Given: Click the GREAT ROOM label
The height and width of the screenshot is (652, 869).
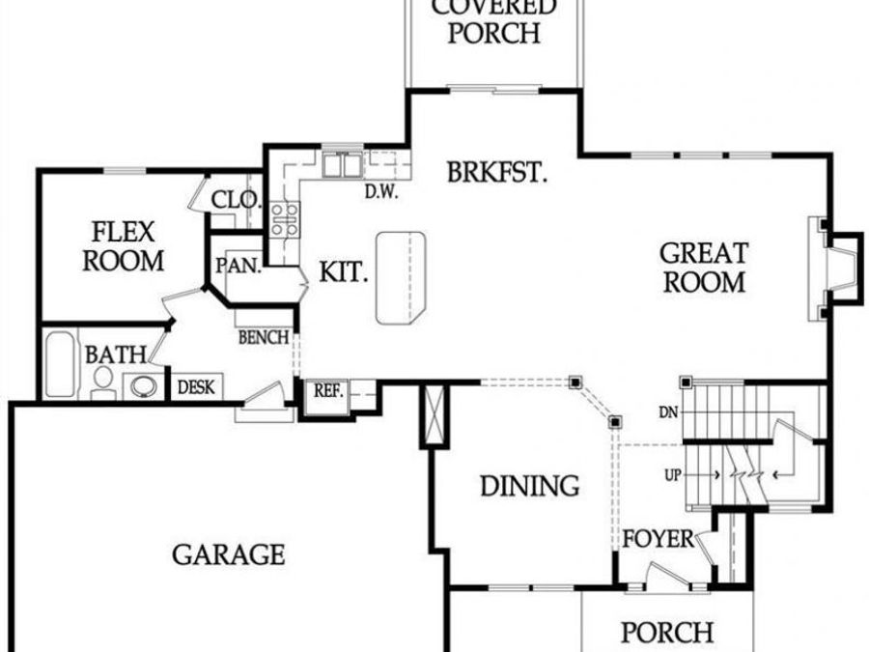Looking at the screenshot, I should [x=703, y=268].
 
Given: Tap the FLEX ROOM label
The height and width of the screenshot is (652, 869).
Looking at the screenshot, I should [x=124, y=246].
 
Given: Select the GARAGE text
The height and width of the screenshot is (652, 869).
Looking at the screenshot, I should [x=229, y=554].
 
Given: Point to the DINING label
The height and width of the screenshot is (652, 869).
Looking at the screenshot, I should [x=530, y=485].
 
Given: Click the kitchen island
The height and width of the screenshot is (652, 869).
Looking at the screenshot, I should [x=400, y=277].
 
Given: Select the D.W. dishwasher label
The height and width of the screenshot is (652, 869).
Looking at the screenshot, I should [x=382, y=191].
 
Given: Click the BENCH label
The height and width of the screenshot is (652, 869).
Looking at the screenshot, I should [x=264, y=337].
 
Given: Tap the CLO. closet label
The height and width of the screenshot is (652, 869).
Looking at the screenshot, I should [x=236, y=200].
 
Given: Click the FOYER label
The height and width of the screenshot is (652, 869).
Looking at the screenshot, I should [x=659, y=538].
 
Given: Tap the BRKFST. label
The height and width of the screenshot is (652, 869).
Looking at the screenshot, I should [x=497, y=174].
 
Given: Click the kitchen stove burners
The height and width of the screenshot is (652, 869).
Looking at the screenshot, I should [x=283, y=220].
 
